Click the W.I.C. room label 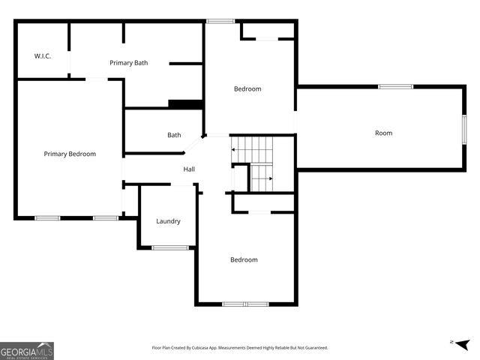click(42, 56)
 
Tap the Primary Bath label click(128, 63)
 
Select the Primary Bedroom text click(70, 154)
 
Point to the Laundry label click(168, 221)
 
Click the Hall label click(189, 169)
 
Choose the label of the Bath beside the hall click(174, 135)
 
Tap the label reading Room click(383, 133)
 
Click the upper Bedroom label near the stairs click(247, 89)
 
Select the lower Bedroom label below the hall click(244, 259)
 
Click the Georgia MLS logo click(27, 350)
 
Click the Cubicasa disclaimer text click(239, 348)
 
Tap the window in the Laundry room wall click(170, 247)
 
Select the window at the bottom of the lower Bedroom click(245, 304)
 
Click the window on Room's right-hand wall click(464, 128)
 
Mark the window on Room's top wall click(395, 87)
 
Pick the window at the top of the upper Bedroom click(220, 21)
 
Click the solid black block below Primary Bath click(186, 104)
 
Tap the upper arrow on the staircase click(235, 150)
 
